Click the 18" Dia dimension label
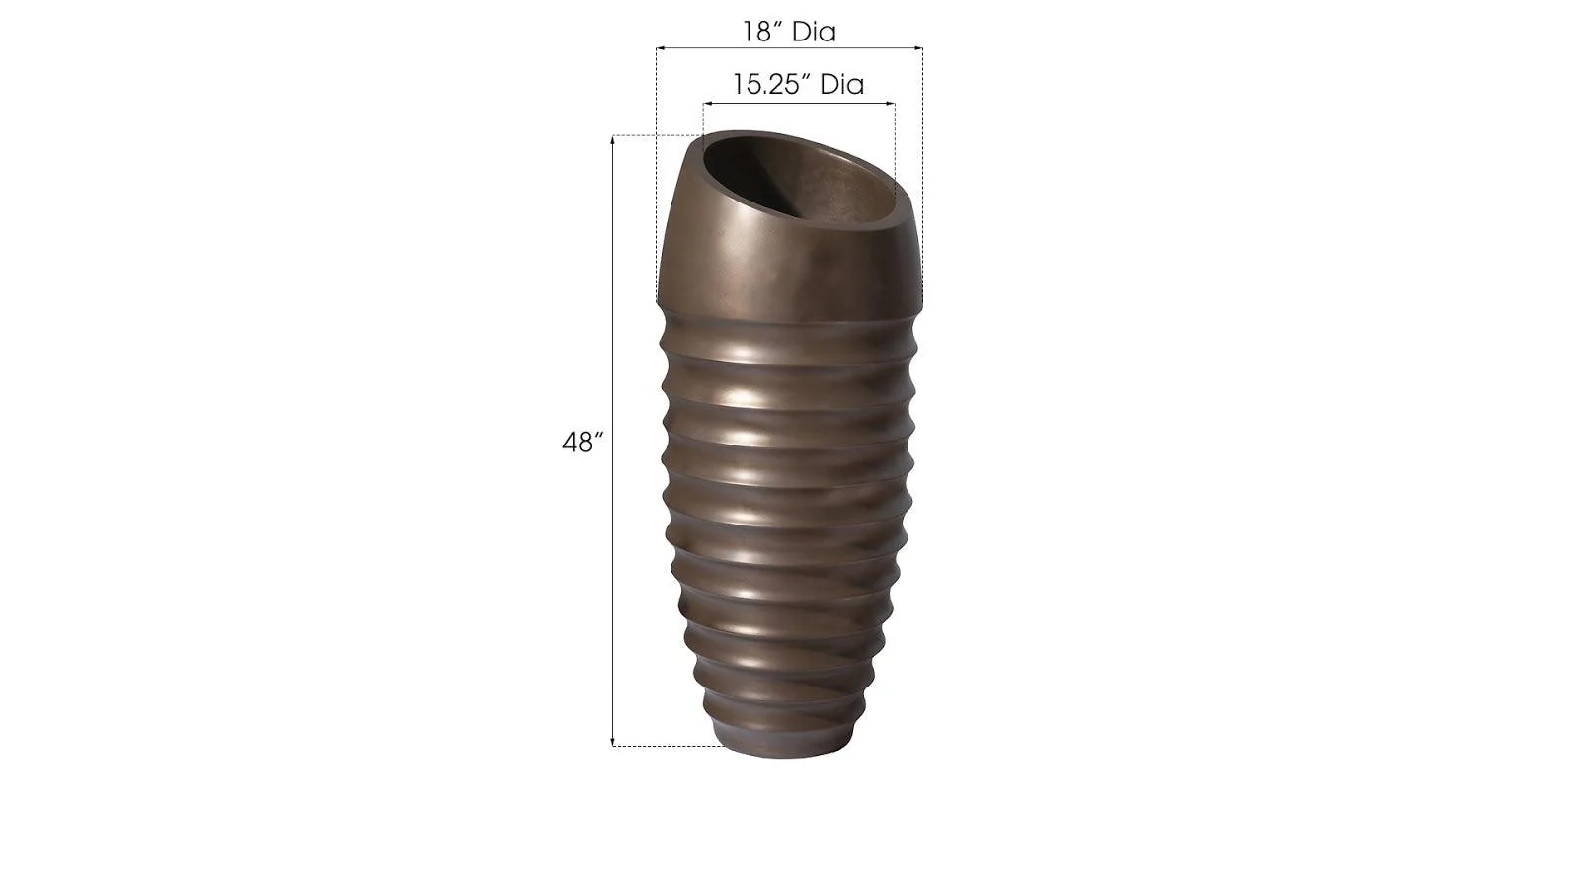789,32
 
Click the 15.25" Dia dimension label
798,84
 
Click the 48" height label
582,443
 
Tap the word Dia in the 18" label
814,32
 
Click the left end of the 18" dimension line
659,47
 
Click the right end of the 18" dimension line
921,47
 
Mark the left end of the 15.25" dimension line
704,102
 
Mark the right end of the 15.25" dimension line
895,102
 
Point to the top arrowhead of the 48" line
613,138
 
